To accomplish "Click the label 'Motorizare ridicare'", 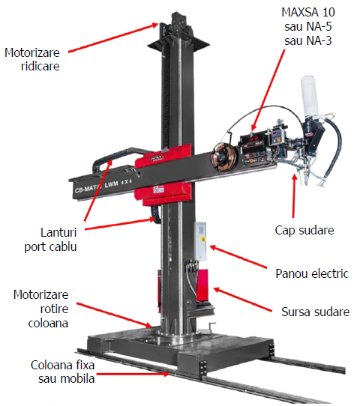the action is pyautogui.click(x=32, y=59).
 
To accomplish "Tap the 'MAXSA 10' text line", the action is pyautogui.click(x=308, y=12).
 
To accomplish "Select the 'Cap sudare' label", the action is pyautogui.click(x=304, y=230).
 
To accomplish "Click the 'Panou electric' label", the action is pyautogui.click(x=312, y=273).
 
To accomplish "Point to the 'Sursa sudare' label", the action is pyautogui.click(x=316, y=312).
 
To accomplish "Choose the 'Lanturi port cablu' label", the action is pyautogui.click(x=50, y=240).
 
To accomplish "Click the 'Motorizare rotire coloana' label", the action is pyautogui.click(x=41, y=309).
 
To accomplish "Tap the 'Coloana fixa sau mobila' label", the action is pyautogui.click(x=63, y=372).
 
